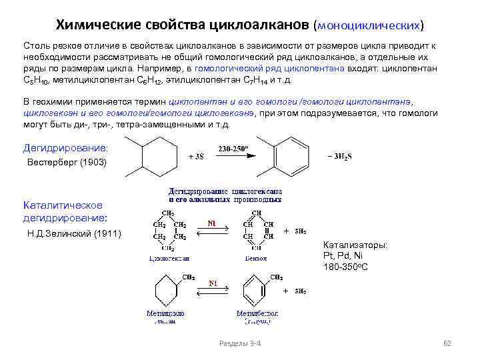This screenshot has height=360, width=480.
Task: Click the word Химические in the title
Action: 96,25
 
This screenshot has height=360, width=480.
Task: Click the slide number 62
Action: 447,343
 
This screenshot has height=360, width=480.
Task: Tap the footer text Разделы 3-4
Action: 240,343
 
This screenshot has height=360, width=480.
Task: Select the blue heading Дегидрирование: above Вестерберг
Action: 65,147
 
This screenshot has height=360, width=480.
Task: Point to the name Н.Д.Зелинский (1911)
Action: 74,234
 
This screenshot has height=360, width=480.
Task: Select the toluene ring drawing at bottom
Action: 255,292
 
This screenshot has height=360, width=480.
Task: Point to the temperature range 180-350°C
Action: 346,267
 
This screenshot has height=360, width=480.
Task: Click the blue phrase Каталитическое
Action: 63,204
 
